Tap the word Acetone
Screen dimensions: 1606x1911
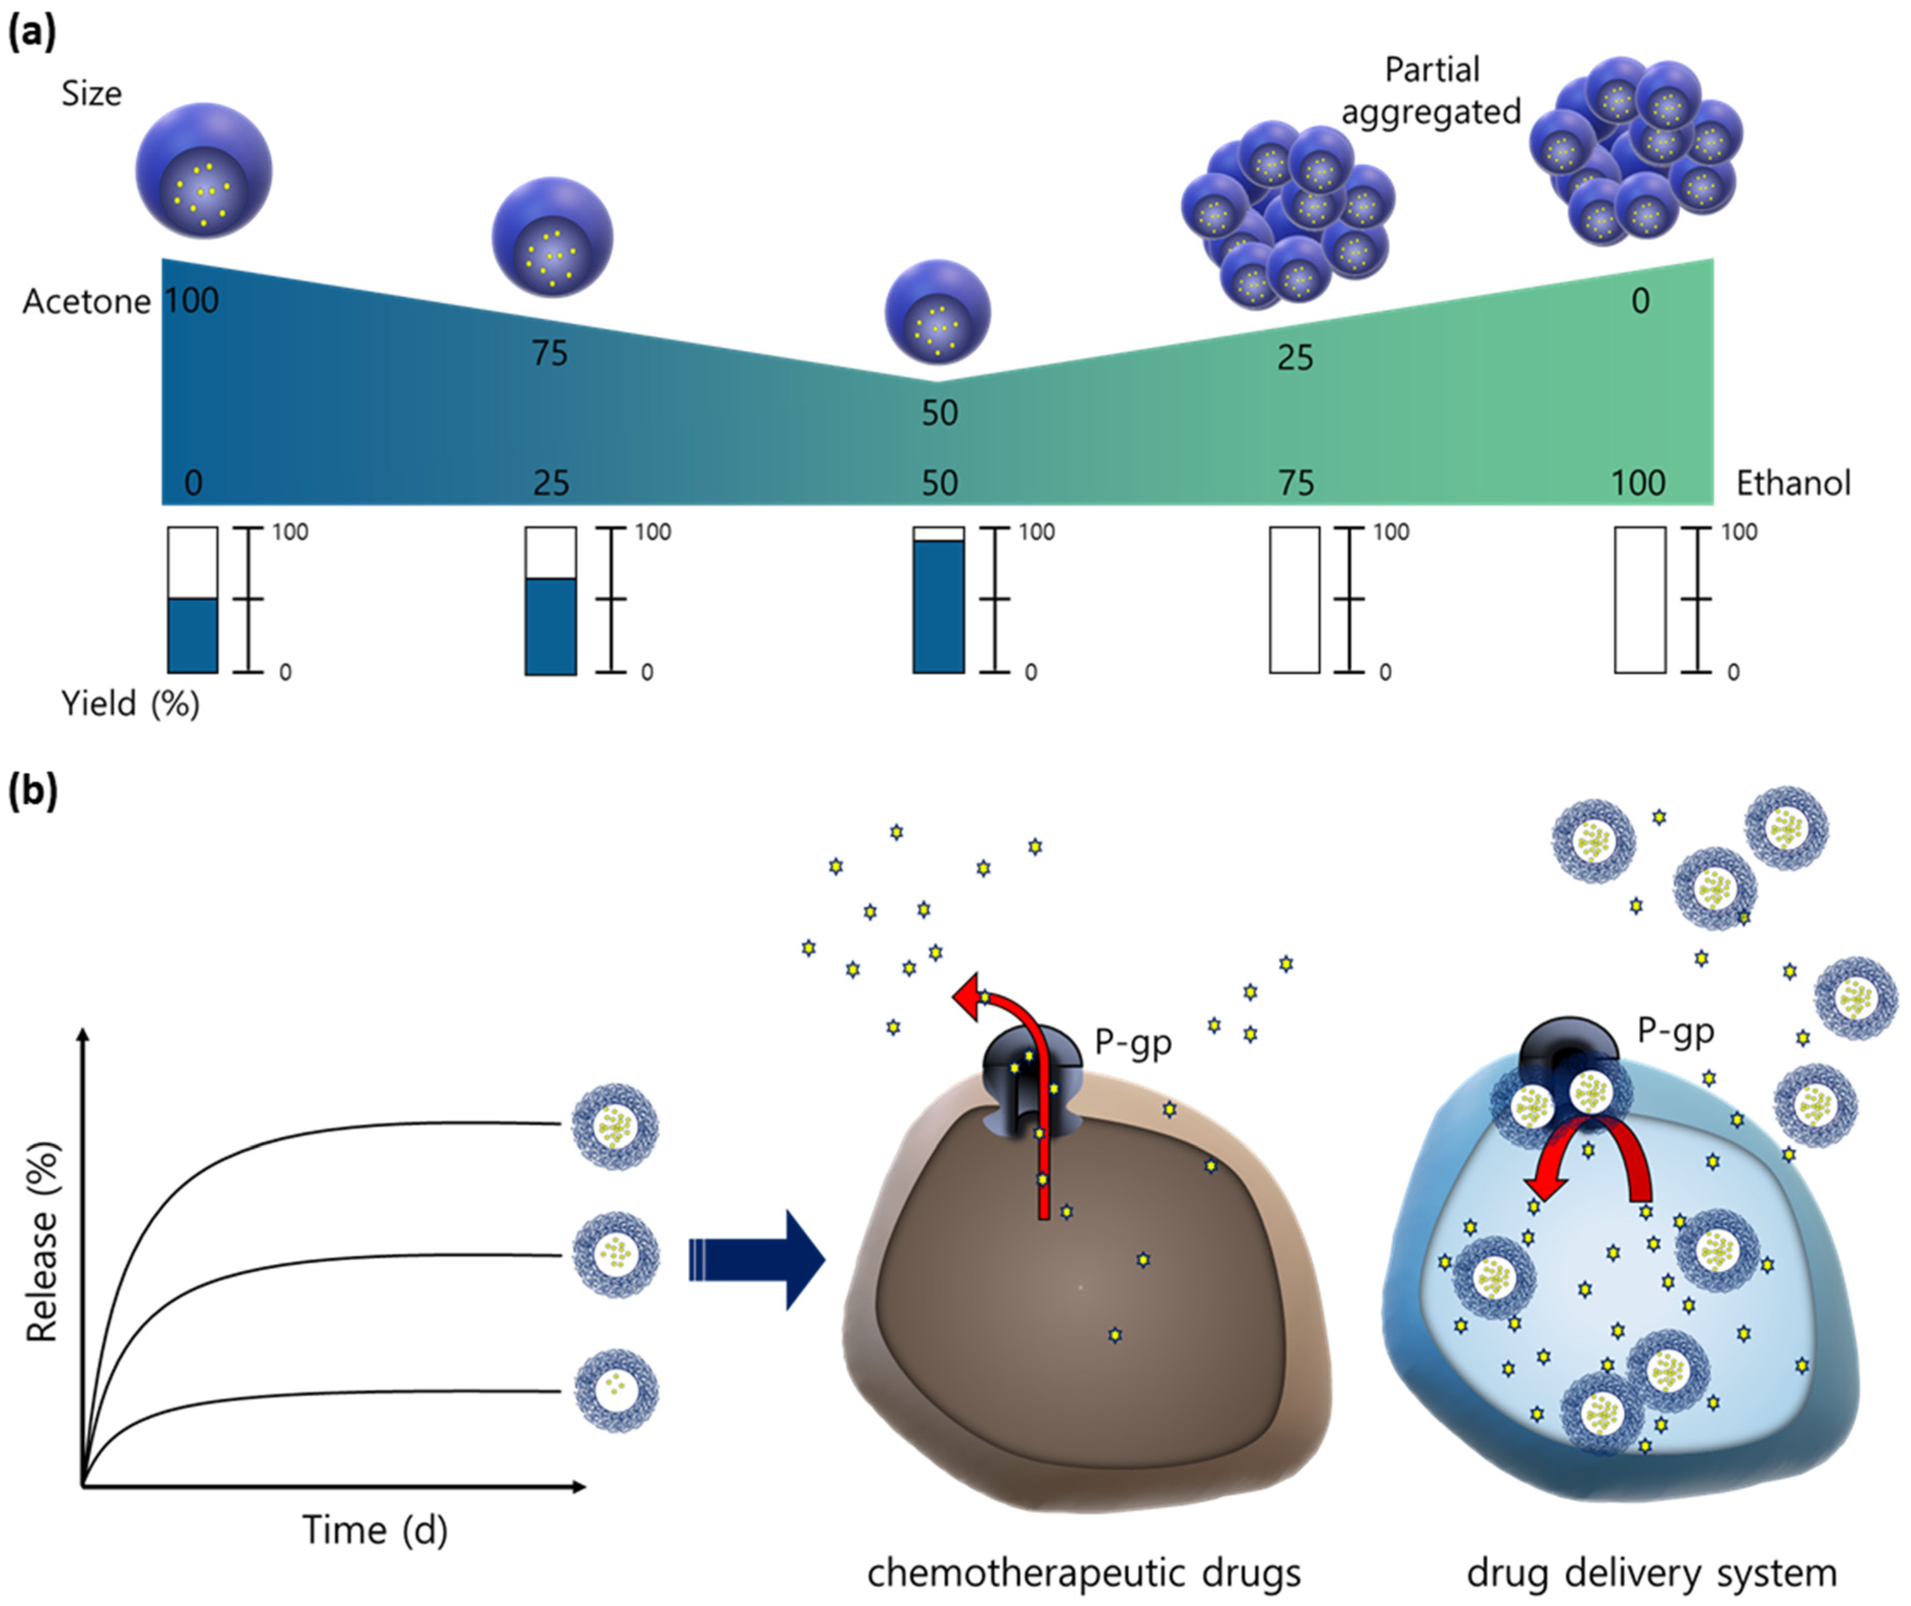(86, 302)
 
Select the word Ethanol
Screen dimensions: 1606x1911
(1792, 483)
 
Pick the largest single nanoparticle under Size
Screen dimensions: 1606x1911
(204, 170)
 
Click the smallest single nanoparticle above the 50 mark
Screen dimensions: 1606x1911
(938, 312)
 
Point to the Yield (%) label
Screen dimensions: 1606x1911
(130, 704)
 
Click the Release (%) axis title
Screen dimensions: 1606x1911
(41, 1243)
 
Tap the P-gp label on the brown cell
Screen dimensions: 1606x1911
(1133, 1042)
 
